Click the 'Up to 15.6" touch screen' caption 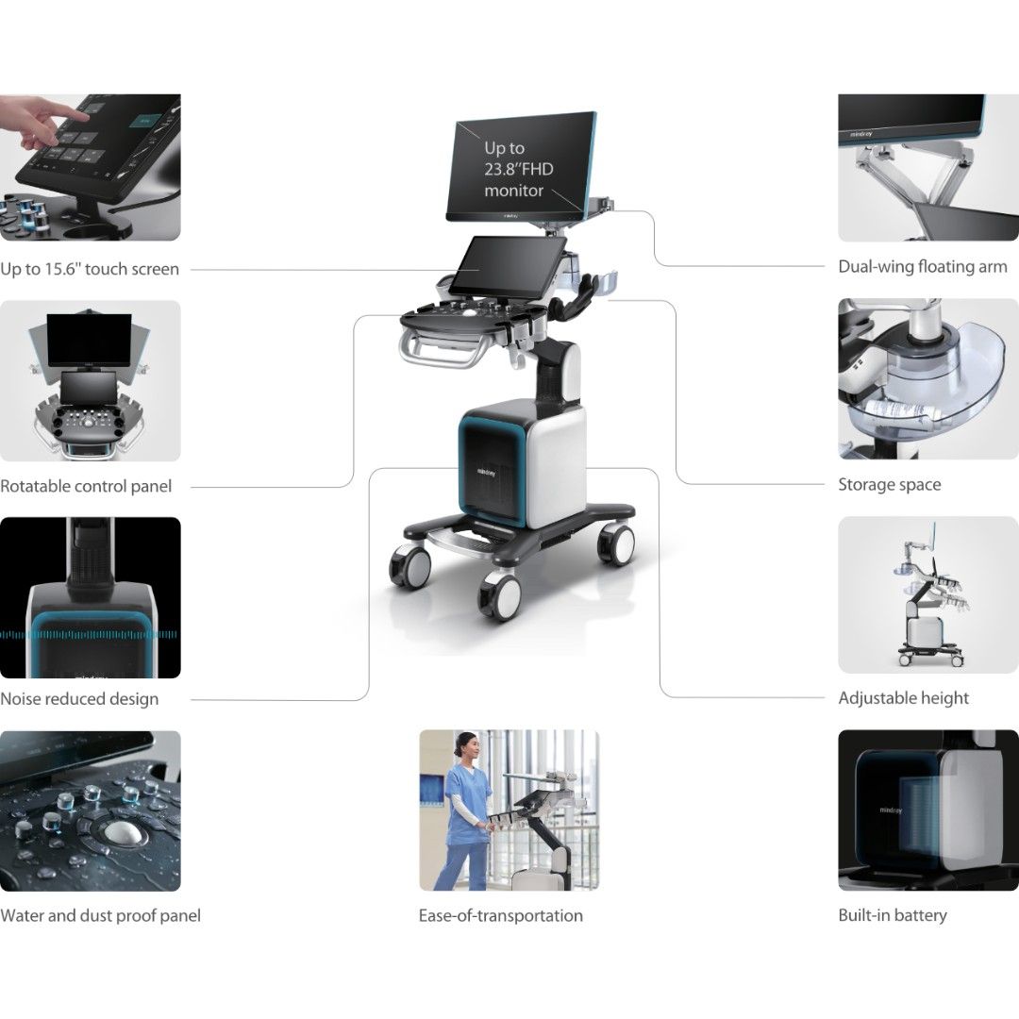click(90, 269)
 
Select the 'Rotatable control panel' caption click(86, 487)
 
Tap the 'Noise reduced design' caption click(79, 699)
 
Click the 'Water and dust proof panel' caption click(100, 915)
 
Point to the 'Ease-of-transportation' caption click(500, 915)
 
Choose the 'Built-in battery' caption click(892, 915)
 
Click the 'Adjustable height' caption click(903, 698)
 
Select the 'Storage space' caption click(889, 485)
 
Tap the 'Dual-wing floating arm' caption click(922, 267)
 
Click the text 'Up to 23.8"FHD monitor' click(514, 170)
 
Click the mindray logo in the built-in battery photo click(892, 810)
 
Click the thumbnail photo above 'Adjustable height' click(927, 594)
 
